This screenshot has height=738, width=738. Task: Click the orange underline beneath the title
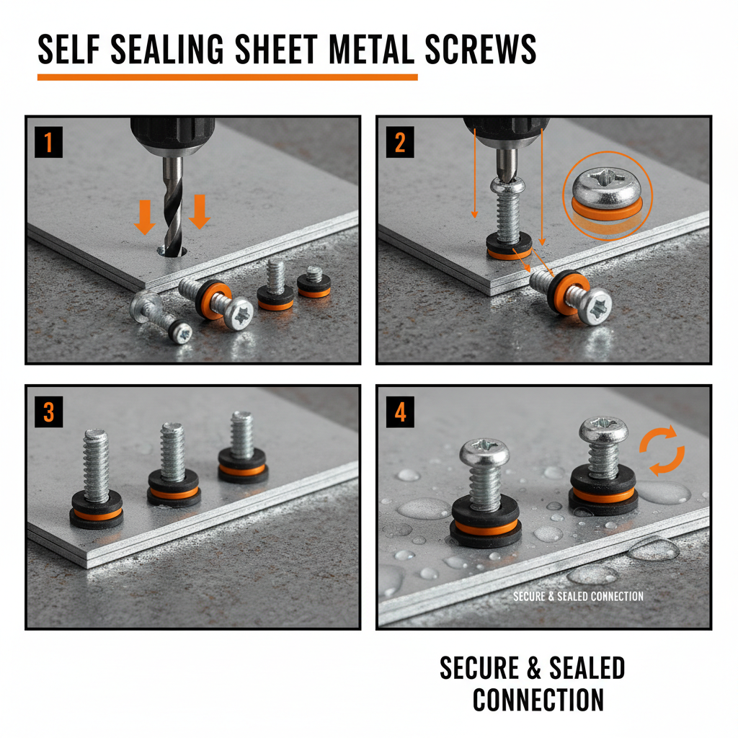click(227, 76)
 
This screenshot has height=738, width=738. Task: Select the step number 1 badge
click(49, 143)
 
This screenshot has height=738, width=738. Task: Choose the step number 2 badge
click(400, 143)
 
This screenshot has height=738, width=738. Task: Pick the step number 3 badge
click(49, 412)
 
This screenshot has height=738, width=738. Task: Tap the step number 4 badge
click(400, 412)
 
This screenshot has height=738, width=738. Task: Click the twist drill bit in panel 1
click(173, 202)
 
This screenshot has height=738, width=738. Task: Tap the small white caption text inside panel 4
click(578, 596)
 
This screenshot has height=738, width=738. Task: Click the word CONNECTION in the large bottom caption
click(538, 700)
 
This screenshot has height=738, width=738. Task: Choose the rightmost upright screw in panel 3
click(242, 447)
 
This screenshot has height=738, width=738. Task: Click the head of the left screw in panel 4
click(484, 452)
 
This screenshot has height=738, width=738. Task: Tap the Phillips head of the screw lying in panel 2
click(595, 306)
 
